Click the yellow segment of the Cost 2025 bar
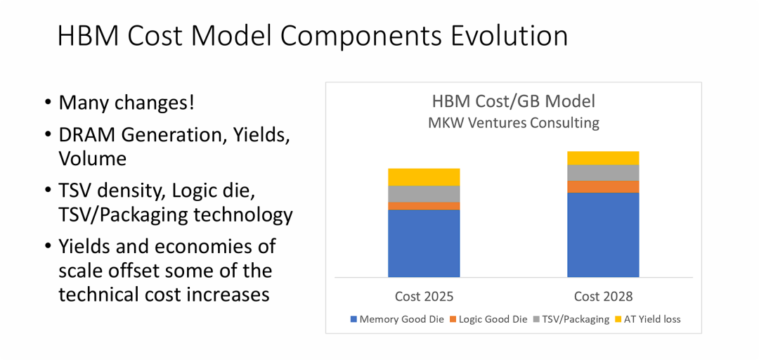424,176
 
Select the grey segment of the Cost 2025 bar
424,193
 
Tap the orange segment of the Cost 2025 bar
424,205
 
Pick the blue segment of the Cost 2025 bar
424,243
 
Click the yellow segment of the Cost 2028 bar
603,157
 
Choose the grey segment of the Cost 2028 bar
603,172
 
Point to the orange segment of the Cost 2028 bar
603,186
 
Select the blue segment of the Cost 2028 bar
603,234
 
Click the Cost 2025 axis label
424,296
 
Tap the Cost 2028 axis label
603,296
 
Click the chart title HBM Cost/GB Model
514,101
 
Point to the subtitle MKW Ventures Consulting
514,123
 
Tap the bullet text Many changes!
126,103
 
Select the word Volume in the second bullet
93,158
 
